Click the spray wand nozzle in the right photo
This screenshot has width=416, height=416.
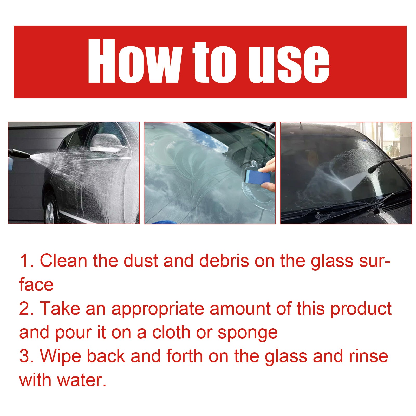pos(372,170)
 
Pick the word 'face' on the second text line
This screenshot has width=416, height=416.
pos(36,285)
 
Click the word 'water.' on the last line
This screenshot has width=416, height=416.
pos(82,380)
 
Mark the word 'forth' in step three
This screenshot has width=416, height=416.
pos(184,356)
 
